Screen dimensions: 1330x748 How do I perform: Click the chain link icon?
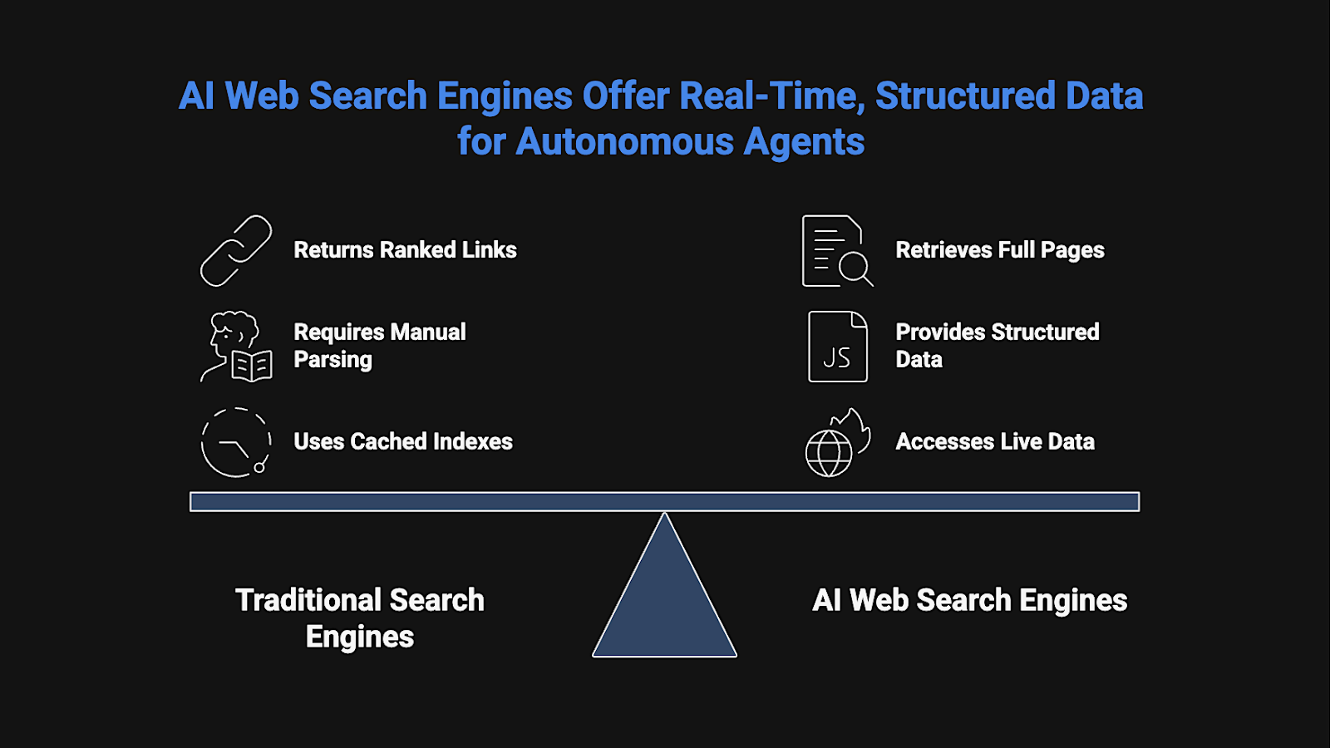pyautogui.click(x=236, y=251)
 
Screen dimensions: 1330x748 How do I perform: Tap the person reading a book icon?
pyautogui.click(x=236, y=347)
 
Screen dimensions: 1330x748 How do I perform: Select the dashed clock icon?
pyautogui.click(x=236, y=442)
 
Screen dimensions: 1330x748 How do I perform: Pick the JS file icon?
pyautogui.click(x=838, y=347)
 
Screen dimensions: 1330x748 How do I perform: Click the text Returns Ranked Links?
pyautogui.click(x=405, y=250)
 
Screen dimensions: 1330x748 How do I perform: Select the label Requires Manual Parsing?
pyautogui.click(x=380, y=346)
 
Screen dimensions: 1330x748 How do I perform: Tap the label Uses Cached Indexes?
pyautogui.click(x=403, y=441)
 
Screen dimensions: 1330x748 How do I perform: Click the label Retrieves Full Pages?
pyautogui.click(x=1000, y=250)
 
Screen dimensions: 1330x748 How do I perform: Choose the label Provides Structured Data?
pyautogui.click(x=997, y=346)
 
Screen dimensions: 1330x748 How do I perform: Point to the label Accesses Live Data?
pyautogui.click(x=995, y=441)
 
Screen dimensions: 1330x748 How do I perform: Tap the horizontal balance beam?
pyautogui.click(x=664, y=502)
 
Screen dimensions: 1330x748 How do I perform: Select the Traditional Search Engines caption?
pyautogui.click(x=360, y=618)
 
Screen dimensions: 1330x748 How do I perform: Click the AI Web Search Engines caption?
pyautogui.click(x=969, y=600)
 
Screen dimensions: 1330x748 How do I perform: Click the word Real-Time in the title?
pyautogui.click(x=772, y=96)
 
